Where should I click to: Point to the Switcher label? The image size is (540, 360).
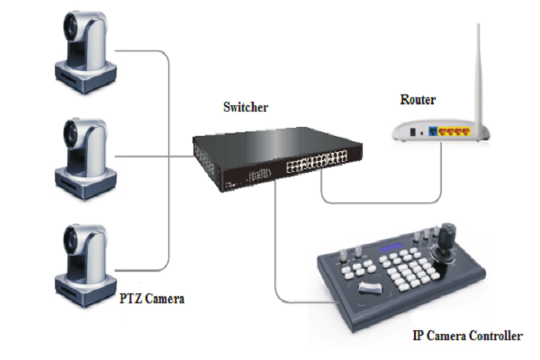[x=246, y=108]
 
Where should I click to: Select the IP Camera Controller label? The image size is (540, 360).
[x=467, y=336]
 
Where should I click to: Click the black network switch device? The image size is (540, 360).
[x=270, y=162]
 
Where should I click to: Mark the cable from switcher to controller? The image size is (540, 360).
[x=278, y=270]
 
